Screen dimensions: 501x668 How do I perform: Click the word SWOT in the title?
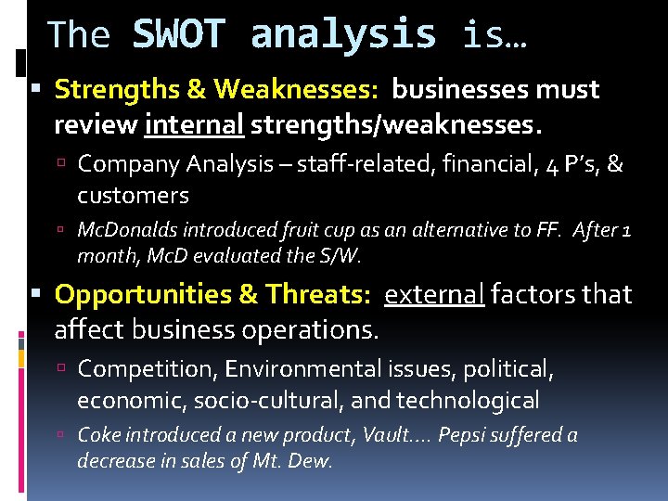[x=179, y=35]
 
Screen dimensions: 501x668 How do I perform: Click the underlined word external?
[x=434, y=295]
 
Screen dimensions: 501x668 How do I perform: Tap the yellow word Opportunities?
[x=144, y=295]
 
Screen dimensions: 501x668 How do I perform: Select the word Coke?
[x=99, y=436]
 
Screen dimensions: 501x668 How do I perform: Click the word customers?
[x=133, y=196]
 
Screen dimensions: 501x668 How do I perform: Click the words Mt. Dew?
[x=291, y=461]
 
